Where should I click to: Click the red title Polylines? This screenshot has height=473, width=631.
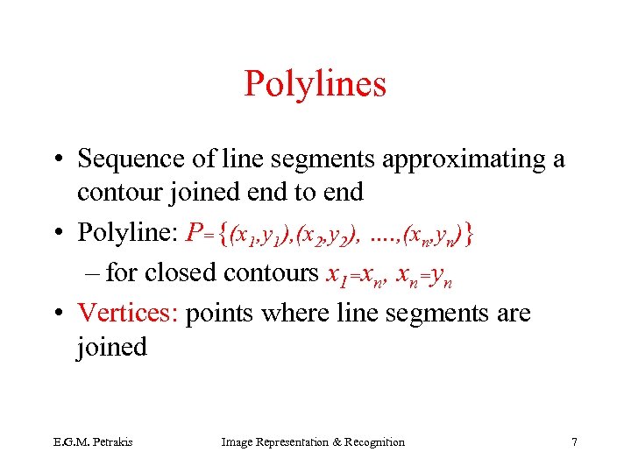point(315,84)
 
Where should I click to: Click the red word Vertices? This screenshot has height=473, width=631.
point(128,313)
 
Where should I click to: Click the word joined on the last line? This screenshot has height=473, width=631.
point(111,347)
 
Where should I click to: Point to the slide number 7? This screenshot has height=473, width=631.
point(574,442)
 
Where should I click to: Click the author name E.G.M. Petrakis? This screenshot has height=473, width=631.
point(82,442)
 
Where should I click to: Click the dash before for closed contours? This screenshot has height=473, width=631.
point(96,273)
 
